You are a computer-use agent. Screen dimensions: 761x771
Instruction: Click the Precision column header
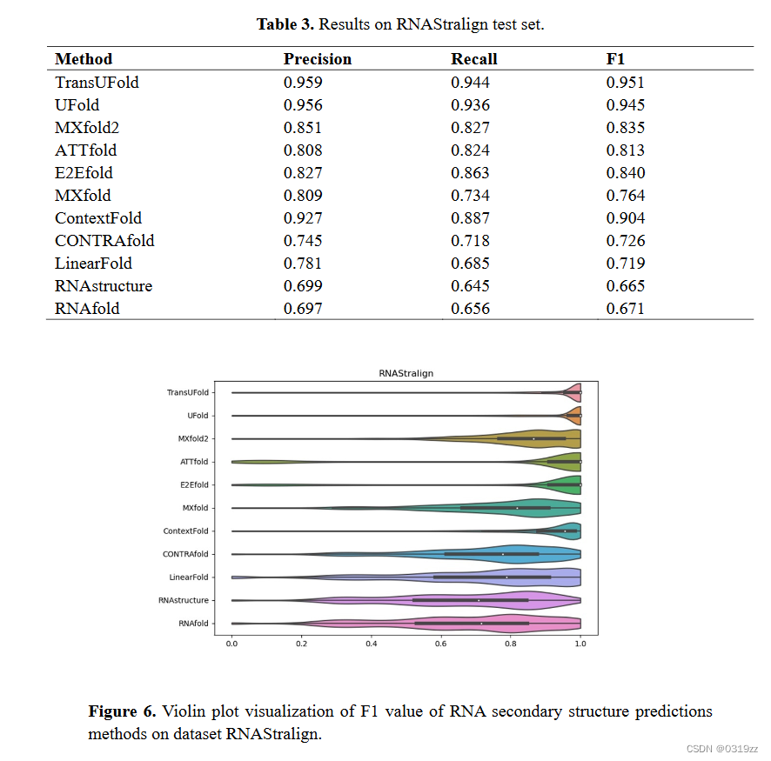point(318,59)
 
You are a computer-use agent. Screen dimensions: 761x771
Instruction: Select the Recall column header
point(474,59)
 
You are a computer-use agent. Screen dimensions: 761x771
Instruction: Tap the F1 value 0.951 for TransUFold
point(626,83)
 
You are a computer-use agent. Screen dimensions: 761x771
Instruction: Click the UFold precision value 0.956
point(303,105)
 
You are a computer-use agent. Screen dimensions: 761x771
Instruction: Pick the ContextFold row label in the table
point(98,218)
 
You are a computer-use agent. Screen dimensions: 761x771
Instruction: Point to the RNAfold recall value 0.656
point(470,309)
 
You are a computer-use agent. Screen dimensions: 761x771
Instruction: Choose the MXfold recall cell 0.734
point(470,196)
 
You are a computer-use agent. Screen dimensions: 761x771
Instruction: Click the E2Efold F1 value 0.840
point(626,173)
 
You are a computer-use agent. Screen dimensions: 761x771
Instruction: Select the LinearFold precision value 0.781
point(303,264)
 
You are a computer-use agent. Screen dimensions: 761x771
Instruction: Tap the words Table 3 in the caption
point(285,24)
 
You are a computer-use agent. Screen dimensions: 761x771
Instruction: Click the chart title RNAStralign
point(406,373)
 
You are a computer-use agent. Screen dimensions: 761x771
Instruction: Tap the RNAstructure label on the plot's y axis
point(184,600)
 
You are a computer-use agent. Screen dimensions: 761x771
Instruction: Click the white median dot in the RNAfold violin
point(481,623)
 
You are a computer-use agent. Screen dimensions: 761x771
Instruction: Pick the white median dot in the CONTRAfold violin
point(503,554)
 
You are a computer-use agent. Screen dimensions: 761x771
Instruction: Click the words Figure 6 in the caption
point(122,711)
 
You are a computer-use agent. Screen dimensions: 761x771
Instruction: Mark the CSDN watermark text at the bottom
point(721,749)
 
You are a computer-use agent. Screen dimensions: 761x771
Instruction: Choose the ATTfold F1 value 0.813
point(626,150)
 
